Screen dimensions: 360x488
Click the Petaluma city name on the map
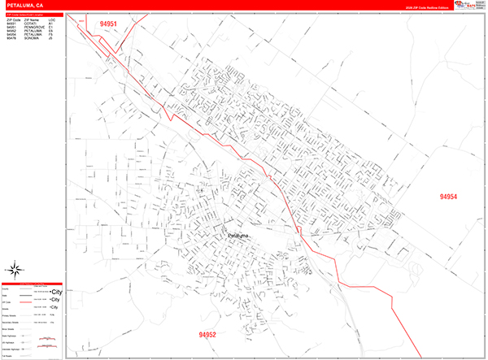[x=239, y=236]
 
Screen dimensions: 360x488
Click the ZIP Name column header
[x=31, y=19]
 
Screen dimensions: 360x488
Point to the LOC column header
[x=52, y=19]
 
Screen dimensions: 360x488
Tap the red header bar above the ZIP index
[x=32, y=14]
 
